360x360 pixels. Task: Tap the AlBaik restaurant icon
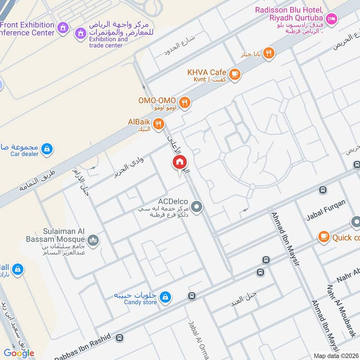tap(158, 124)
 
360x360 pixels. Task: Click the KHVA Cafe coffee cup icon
tap(234, 74)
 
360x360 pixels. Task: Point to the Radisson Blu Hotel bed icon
tap(332, 18)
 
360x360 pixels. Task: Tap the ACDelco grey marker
tap(196, 207)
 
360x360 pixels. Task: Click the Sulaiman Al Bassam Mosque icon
tap(93, 240)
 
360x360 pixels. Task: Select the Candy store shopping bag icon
tap(165, 297)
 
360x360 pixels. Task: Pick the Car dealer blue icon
tap(47, 148)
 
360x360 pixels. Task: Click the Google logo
tap(19, 353)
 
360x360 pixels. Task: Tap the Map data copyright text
tap(336, 355)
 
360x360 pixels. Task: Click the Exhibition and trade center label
tap(108, 42)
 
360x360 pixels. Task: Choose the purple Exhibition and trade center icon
tap(81, 33)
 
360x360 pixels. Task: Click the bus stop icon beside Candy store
tap(192, 296)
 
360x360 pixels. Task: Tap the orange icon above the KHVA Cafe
tap(269, 53)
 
